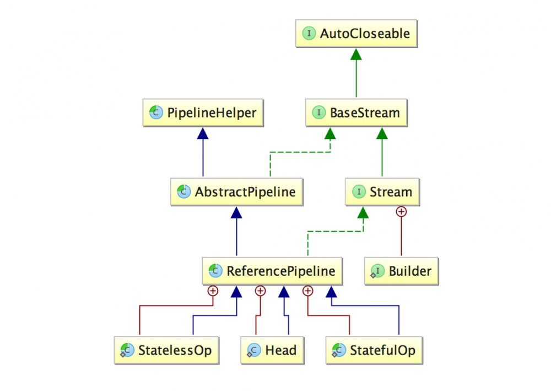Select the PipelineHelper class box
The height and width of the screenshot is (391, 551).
coord(203,113)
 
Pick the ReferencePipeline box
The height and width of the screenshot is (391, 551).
coord(272,271)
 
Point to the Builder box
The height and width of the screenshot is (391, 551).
coord(401,271)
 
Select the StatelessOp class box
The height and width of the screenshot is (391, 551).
coord(166,350)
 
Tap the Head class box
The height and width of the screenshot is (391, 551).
coord(272,350)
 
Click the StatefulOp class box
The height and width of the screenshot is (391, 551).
coord(374,350)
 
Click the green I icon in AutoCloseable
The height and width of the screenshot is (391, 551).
coord(309,34)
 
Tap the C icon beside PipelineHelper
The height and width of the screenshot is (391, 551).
coord(156,113)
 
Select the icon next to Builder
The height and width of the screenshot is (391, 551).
coord(377,271)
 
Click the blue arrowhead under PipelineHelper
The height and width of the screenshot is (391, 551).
coord(203,133)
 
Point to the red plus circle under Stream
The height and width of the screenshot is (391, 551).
coord(401,211)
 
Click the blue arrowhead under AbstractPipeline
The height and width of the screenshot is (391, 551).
coord(237,212)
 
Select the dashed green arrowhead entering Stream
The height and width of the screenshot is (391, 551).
coord(363,212)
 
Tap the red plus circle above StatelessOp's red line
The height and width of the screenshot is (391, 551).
coord(213,291)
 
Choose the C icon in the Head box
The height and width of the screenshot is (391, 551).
coord(254,350)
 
